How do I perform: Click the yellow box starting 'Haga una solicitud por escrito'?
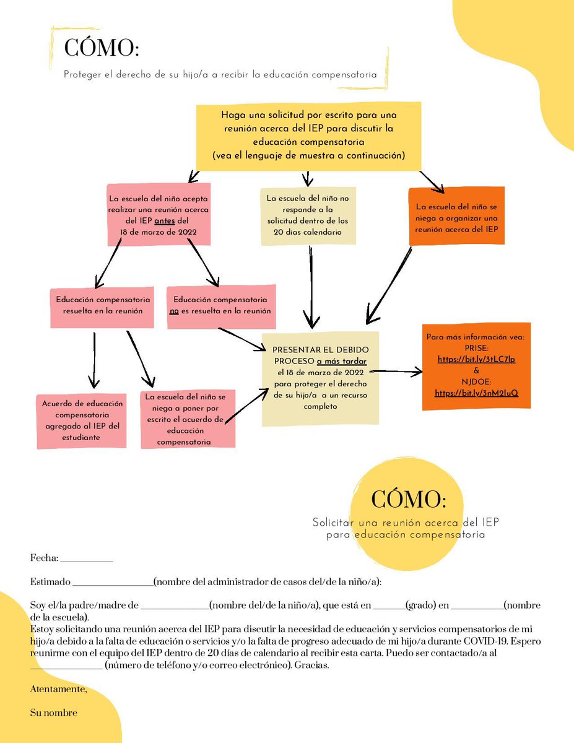point(308,136)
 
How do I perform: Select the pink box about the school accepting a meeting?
point(158,215)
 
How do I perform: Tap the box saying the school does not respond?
point(308,215)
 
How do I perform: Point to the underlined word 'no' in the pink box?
point(174,311)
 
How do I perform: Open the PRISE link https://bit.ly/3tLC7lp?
point(476,360)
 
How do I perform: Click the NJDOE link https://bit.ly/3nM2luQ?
point(476,393)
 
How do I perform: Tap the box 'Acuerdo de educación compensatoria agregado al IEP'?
point(82,420)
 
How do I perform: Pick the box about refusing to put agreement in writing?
point(188,419)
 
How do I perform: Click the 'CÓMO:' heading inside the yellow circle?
point(408,498)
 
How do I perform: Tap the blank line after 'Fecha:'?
point(87,559)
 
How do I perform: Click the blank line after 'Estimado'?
point(113,583)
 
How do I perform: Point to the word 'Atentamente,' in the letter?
point(59,689)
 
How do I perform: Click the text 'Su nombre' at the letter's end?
point(54,713)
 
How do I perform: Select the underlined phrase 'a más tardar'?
point(342,362)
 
